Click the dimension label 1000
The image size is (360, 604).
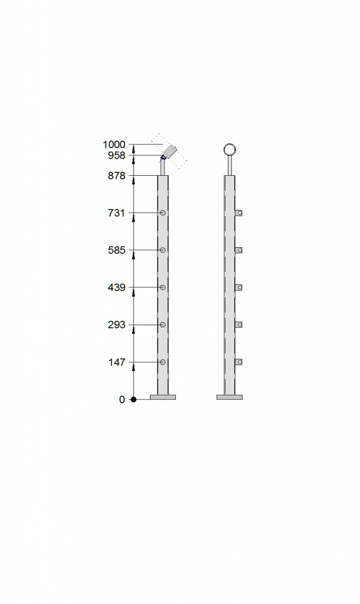pyautogui.click(x=114, y=145)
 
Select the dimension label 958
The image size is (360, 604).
pyautogui.click(x=117, y=155)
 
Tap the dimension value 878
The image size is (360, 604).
pyautogui.click(x=117, y=176)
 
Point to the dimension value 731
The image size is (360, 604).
pyautogui.click(x=117, y=212)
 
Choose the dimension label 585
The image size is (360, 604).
pyautogui.click(x=117, y=250)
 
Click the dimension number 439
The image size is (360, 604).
pyautogui.click(x=117, y=287)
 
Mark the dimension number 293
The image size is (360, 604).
pyautogui.click(x=117, y=325)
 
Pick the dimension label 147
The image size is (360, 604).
pyautogui.click(x=117, y=362)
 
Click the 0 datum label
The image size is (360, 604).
pyautogui.click(x=122, y=399)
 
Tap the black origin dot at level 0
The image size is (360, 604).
pyautogui.click(x=133, y=399)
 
